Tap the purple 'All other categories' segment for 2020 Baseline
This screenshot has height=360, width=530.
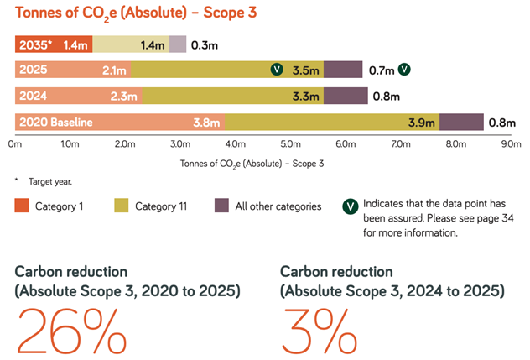coord(461,123)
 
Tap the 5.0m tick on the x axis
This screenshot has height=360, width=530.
coord(289,143)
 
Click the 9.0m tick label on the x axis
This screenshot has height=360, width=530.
coord(509,143)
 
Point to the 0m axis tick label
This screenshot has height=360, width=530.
coord(16,143)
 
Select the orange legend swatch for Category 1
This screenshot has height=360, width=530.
coord(22,206)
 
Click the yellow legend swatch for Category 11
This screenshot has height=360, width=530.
coord(121,206)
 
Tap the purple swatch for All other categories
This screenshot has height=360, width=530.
coord(222,206)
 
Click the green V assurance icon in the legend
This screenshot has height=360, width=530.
coord(351,206)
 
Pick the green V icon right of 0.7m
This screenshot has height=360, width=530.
coord(404,70)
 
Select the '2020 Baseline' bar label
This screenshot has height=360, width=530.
coord(56,123)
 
